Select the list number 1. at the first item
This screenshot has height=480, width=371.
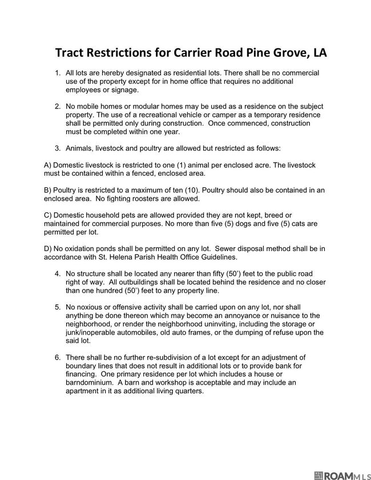58,74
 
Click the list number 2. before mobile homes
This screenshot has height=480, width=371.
58,107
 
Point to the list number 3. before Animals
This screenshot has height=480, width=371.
58,148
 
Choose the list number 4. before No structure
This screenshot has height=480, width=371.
58,273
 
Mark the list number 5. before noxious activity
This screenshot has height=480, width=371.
58,307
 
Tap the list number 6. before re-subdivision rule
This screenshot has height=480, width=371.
58,357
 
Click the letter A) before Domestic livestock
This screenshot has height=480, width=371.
47,165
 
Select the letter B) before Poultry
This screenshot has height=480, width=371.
47,190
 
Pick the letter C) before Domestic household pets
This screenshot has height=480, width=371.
48,215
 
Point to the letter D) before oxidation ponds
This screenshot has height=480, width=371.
48,248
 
